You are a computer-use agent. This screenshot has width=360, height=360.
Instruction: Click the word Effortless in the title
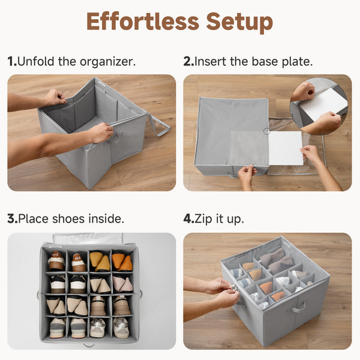pos(142,22)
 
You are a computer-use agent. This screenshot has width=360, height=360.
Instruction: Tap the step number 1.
pos(11,61)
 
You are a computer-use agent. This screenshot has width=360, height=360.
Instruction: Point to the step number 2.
pos(187,61)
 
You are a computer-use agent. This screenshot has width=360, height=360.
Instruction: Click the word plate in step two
pos(299,61)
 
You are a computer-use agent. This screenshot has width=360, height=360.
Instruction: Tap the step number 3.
pos(11,218)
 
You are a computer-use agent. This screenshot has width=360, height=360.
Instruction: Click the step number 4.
pos(188,218)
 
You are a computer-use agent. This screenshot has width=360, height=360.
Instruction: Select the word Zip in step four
pos(205,218)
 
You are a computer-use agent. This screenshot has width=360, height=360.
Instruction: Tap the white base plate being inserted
pos(285,148)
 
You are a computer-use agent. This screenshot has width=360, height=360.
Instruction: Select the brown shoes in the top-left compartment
pos(56,261)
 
